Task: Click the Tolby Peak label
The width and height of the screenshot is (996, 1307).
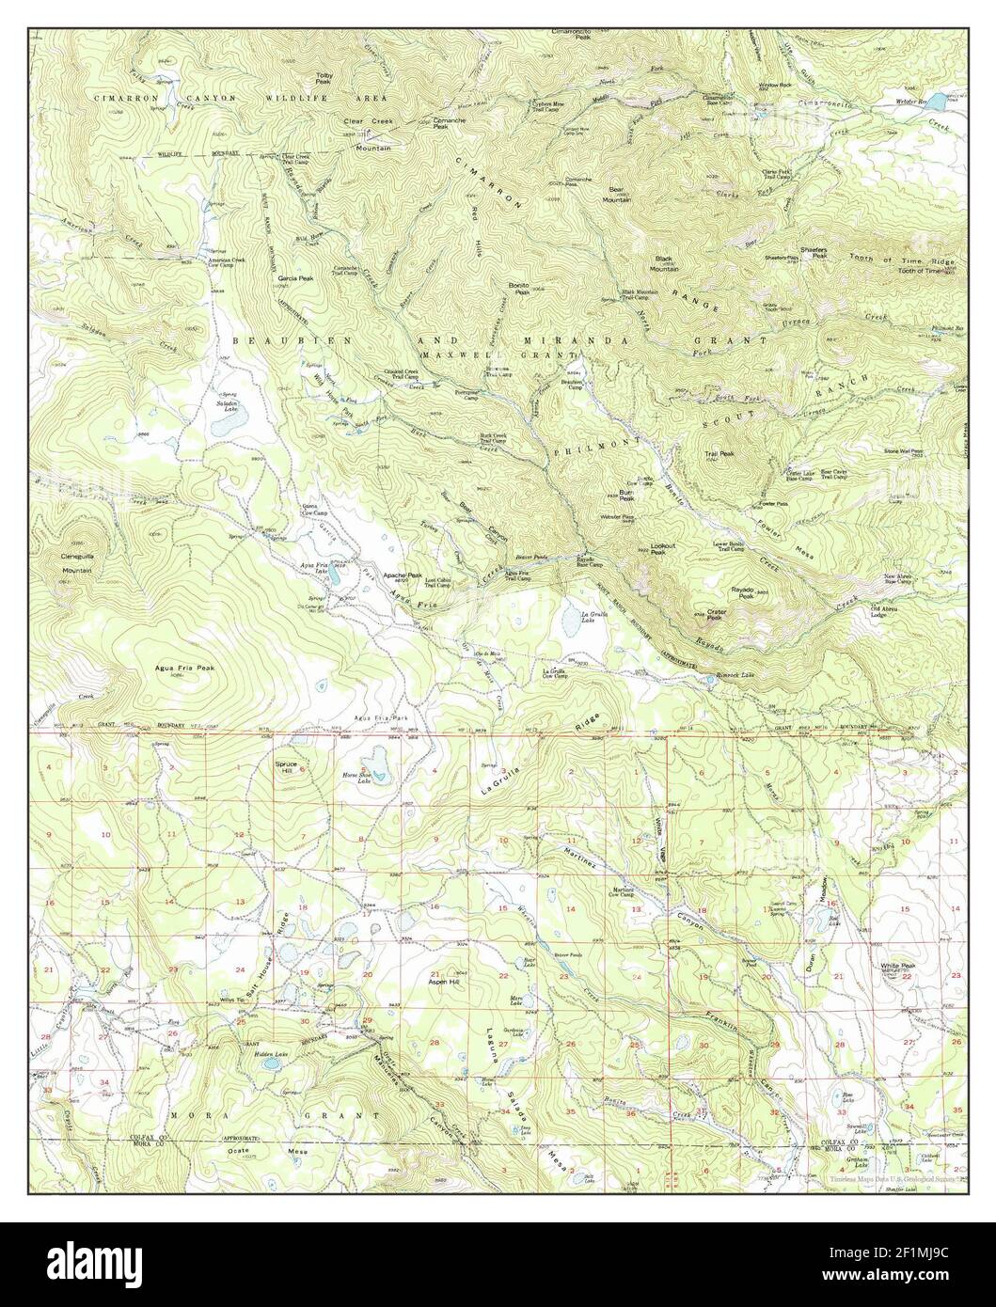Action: [324, 78]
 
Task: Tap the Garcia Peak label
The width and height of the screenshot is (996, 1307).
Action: [296, 279]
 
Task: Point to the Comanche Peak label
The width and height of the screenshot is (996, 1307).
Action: [446, 123]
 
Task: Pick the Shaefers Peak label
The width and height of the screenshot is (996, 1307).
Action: [814, 252]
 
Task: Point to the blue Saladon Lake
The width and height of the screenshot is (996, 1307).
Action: [227, 425]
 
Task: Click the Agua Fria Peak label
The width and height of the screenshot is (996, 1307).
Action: [184, 668]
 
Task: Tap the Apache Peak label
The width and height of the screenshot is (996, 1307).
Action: [401, 575]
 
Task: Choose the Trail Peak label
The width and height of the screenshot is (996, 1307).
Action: [720, 453]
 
